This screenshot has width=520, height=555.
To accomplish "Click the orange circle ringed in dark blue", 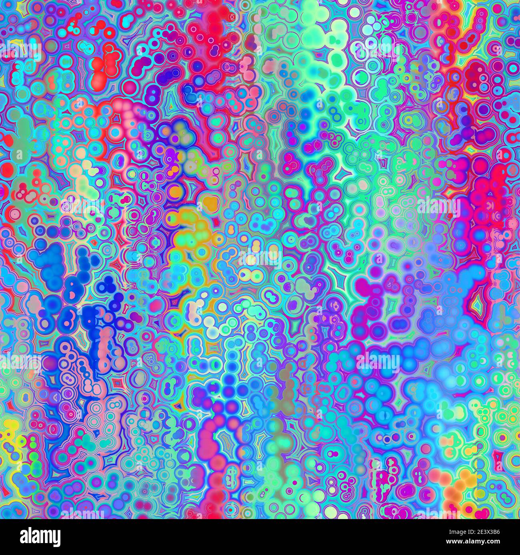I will point(175,192).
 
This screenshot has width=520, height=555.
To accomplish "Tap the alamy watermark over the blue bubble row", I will point(378,361).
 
